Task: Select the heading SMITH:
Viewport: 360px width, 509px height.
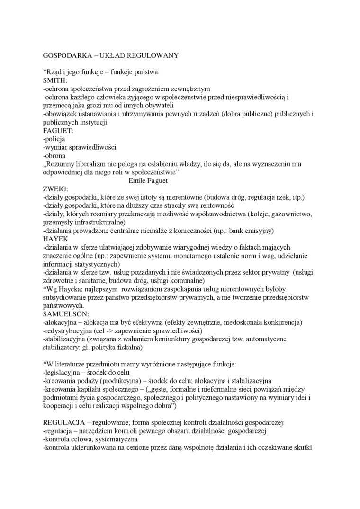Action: (54, 80)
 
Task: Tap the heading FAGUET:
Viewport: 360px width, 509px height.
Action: (58, 130)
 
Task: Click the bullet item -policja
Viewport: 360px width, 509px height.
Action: (54, 139)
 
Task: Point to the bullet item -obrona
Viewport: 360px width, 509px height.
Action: (54, 155)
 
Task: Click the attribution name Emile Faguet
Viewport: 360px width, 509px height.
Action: (148, 180)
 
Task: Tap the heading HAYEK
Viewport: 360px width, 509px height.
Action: (55, 238)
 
